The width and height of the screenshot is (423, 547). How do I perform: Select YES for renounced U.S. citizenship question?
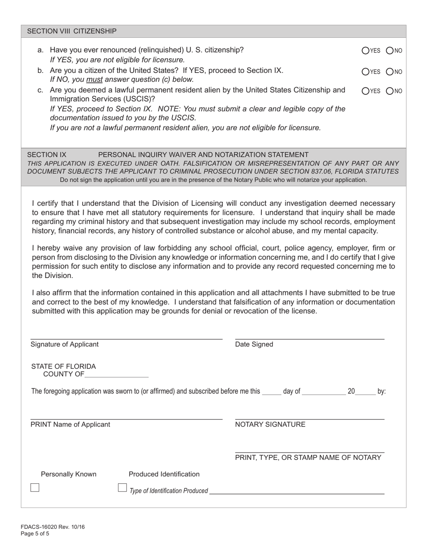point(366,51)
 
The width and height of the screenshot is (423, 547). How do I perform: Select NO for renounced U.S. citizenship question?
point(390,51)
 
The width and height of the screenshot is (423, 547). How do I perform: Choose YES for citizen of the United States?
point(366,71)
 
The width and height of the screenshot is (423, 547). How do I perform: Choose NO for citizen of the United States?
point(390,71)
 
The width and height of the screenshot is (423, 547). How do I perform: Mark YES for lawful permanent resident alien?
point(366,91)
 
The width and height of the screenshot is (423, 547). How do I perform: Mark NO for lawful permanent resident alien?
point(390,91)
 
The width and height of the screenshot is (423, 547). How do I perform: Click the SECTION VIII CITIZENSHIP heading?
point(72,31)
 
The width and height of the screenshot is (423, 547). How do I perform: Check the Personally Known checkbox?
point(35,487)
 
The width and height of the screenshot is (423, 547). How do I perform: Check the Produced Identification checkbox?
point(122,487)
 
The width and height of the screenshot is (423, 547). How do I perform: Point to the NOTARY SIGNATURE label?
point(270,424)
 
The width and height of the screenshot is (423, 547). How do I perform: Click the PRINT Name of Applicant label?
point(70,424)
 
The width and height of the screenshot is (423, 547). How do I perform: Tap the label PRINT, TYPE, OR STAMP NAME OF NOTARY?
point(308,458)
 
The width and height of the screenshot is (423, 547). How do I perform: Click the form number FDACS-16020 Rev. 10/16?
point(53,527)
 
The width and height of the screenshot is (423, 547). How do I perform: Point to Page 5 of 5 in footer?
point(35,534)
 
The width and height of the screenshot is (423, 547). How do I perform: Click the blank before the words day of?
point(272,391)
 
